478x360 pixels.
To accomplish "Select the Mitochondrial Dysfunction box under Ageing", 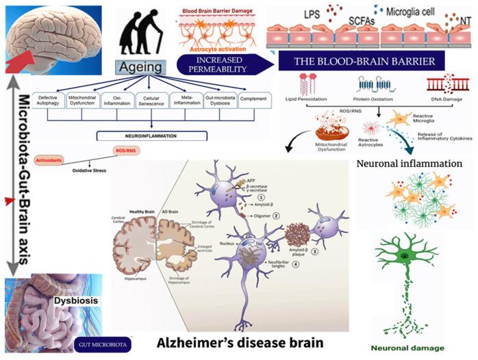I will click(81, 102).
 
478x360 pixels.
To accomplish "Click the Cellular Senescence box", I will click(147, 102).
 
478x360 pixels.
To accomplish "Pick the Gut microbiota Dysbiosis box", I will click(216, 102).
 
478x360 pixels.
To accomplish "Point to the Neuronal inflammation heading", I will click(410, 164).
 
